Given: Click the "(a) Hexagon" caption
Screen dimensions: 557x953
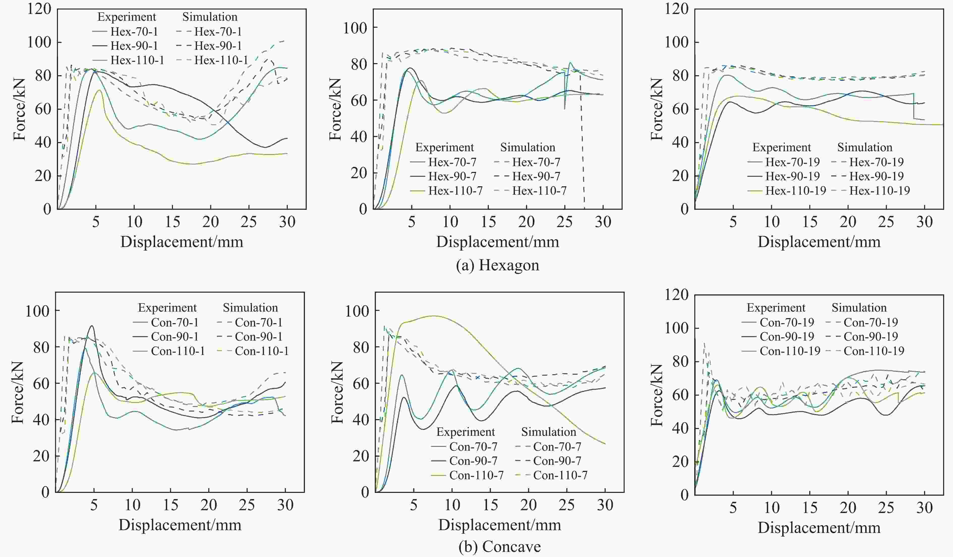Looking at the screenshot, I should pyautogui.click(x=497, y=265).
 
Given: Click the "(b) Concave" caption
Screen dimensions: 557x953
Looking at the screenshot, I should pyautogui.click(x=499, y=546).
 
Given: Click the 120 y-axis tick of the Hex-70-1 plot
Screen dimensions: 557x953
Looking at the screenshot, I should pyautogui.click(x=39, y=9).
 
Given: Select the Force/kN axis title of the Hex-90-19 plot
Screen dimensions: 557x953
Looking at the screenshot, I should pyautogui.click(x=657, y=109).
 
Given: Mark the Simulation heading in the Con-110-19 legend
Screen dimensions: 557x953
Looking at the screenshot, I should pyautogui.click(x=859, y=308).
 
